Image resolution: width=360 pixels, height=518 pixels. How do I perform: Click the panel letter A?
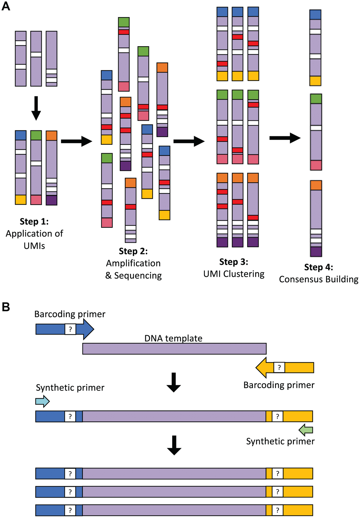(6, 6)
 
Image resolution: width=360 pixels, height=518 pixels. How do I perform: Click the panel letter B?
(6, 307)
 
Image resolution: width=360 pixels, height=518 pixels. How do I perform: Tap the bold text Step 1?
(34, 222)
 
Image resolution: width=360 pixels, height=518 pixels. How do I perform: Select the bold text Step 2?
(133, 251)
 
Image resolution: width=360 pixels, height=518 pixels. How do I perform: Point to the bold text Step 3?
(234, 262)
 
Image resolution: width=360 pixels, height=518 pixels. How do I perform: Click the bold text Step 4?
(319, 267)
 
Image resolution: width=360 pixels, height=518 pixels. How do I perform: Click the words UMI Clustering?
(234, 274)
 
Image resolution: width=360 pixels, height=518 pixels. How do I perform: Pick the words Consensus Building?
(319, 279)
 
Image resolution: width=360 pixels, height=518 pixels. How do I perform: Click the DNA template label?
(173, 338)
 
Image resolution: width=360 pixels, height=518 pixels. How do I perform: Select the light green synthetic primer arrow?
(306, 430)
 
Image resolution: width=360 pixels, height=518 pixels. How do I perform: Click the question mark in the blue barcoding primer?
(70, 329)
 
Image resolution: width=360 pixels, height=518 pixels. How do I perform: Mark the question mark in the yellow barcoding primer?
(279, 368)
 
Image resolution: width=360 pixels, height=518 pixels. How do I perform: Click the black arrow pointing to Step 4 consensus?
(285, 138)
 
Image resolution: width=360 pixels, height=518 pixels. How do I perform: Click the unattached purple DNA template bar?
(174, 349)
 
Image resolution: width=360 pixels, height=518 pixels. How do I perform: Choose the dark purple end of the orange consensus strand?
(316, 252)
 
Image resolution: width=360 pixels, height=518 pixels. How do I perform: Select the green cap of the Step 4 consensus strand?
(316, 99)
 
